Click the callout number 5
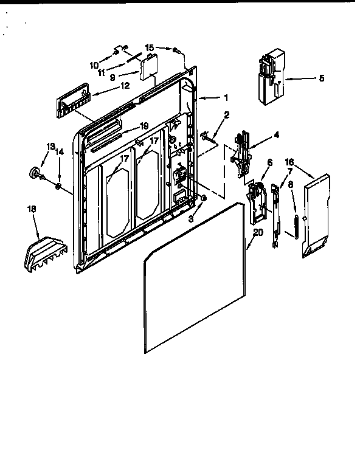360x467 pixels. (322, 78)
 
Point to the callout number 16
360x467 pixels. (289, 162)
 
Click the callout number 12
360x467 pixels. (125, 86)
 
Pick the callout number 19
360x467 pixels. (144, 126)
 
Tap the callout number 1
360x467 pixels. (226, 98)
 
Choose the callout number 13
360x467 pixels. (50, 147)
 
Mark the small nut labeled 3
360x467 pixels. (204, 198)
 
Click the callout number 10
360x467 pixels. (94, 65)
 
